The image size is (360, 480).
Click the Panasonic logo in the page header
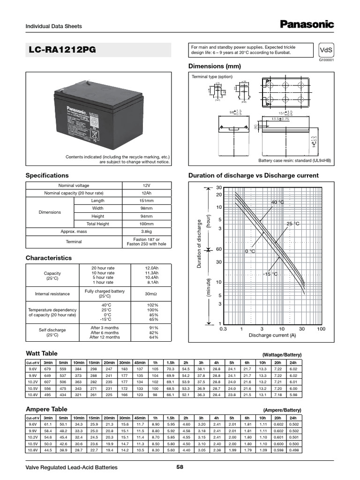[307, 24]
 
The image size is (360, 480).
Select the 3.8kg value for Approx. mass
[146, 232]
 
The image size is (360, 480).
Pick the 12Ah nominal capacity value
[146, 193]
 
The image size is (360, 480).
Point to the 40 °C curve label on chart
[277, 202]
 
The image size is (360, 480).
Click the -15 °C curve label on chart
[270, 274]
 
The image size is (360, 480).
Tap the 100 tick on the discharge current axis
[321, 329]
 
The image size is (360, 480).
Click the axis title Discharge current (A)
[272, 336]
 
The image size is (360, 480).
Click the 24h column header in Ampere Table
[293, 418]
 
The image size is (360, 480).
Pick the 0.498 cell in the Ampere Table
[293, 450]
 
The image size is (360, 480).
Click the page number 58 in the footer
[180, 467]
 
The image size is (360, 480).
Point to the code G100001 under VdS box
[326, 60]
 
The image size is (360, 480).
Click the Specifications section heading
[47, 175]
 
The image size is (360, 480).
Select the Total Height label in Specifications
[97, 224]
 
